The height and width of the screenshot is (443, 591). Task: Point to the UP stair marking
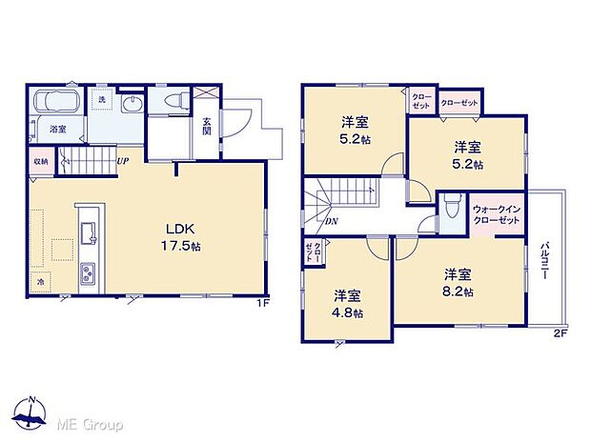pyautogui.click(x=122, y=161)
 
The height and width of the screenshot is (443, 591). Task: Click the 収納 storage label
pyautogui.click(x=40, y=161)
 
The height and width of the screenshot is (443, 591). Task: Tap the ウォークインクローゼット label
pyautogui.click(x=496, y=214)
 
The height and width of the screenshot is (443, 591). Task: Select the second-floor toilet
pyautogui.click(x=449, y=209)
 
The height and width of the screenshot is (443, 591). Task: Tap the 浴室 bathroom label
pyautogui.click(x=58, y=129)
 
